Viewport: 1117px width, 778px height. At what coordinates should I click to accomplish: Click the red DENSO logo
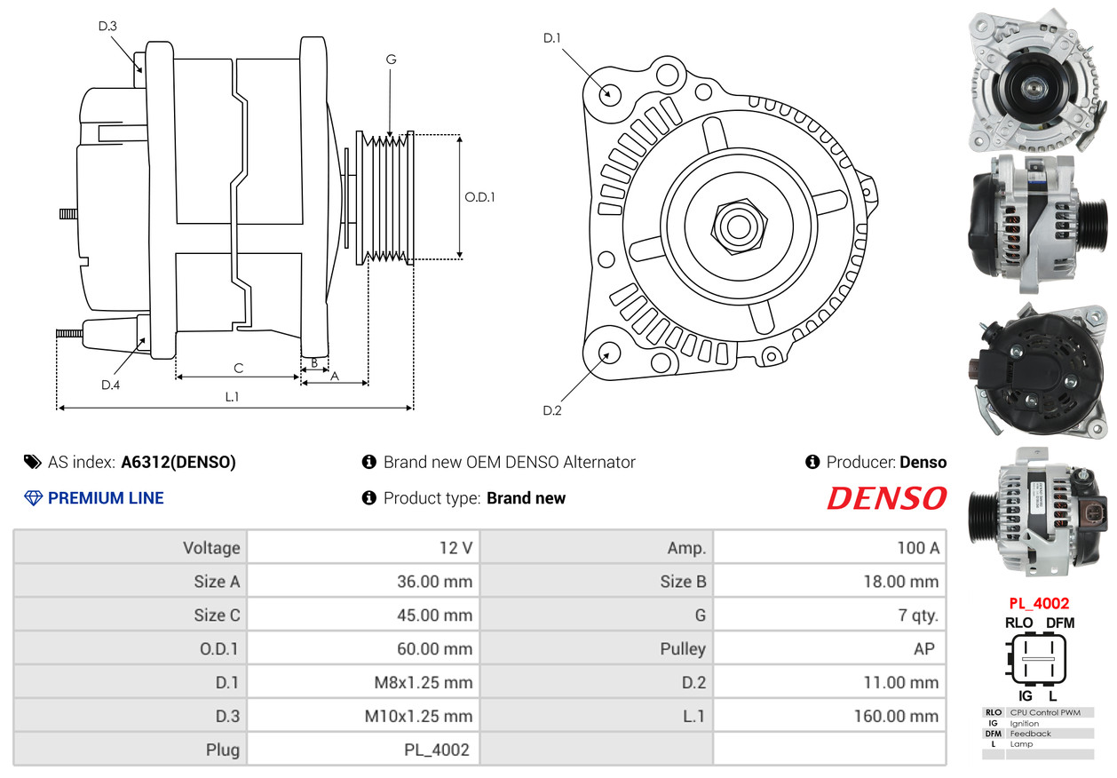click(x=887, y=498)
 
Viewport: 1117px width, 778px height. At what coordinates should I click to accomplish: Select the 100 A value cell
click(x=830, y=548)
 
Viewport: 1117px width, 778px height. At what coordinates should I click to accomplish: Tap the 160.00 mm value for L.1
click(x=896, y=716)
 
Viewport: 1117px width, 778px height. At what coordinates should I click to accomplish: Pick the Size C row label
click(x=217, y=615)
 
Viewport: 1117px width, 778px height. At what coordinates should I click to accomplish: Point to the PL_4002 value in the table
click(x=436, y=750)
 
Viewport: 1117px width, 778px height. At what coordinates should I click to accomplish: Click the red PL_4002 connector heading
click(x=1039, y=603)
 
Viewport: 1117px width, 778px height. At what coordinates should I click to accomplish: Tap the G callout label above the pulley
click(x=391, y=60)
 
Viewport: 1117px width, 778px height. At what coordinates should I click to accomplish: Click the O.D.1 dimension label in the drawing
click(x=479, y=197)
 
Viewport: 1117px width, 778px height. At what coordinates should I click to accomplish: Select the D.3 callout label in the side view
click(x=107, y=26)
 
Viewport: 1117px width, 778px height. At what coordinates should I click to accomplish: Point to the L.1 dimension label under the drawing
click(x=232, y=397)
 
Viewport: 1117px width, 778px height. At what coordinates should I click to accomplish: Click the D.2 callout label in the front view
click(x=552, y=410)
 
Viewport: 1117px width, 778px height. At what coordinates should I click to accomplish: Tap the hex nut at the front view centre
click(x=739, y=227)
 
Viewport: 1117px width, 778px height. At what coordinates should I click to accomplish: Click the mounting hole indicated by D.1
click(x=609, y=94)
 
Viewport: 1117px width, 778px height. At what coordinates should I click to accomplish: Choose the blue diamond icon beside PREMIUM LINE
click(x=33, y=498)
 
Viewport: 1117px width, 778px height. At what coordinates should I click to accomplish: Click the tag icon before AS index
click(x=33, y=463)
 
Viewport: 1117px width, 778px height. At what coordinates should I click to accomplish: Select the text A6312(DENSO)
click(x=178, y=463)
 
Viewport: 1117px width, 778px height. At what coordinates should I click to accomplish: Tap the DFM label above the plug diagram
click(x=1060, y=623)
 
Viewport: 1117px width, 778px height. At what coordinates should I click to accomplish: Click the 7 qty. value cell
click(x=830, y=615)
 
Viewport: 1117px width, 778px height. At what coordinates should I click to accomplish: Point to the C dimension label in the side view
click(x=238, y=368)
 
